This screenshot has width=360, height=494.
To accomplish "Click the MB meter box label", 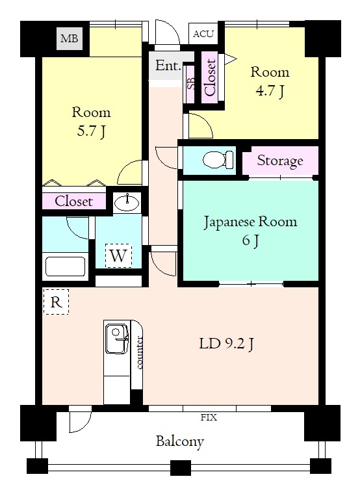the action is tap(70, 38).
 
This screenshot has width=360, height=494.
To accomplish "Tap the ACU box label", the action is tap(203, 34).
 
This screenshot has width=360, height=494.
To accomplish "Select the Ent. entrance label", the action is tap(168, 66).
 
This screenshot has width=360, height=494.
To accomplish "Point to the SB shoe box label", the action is tap(191, 83).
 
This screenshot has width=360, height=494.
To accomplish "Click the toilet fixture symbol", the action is tap(218, 160).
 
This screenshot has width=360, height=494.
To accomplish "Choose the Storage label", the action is tap(280, 161).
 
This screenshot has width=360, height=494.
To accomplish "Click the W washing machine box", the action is tap(118, 255).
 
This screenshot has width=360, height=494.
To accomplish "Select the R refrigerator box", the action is tap(56, 302).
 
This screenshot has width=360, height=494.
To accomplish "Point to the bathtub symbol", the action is tap(66, 266).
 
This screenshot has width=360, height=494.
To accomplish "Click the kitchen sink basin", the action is tap(116, 338).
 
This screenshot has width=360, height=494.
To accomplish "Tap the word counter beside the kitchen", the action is tap(139, 352).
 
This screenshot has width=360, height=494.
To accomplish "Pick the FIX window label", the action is tap(209, 417).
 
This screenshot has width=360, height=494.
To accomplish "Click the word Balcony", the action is tap(180, 441).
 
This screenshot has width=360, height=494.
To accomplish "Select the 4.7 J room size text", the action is tap(270, 91).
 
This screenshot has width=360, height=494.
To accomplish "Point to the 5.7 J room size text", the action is tap(91, 131).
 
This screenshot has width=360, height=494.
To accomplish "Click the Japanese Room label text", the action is tap(250, 222).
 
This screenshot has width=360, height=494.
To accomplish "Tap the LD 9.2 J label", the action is tap(226, 343).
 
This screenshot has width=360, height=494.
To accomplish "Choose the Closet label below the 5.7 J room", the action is tap(73, 201).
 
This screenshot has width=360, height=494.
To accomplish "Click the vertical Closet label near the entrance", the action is tap(210, 77).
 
